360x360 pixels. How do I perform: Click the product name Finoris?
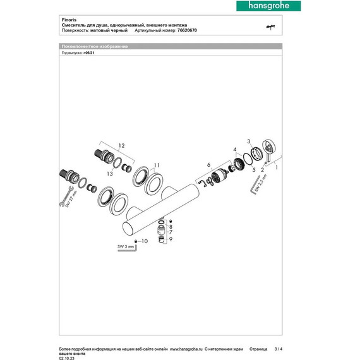[70, 20]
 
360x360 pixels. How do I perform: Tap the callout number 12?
[121, 147]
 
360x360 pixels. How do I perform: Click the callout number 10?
[145, 241]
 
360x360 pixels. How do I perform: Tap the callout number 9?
[169, 240]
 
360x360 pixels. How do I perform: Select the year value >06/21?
[90, 54]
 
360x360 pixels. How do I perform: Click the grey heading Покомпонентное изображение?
[95, 47]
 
